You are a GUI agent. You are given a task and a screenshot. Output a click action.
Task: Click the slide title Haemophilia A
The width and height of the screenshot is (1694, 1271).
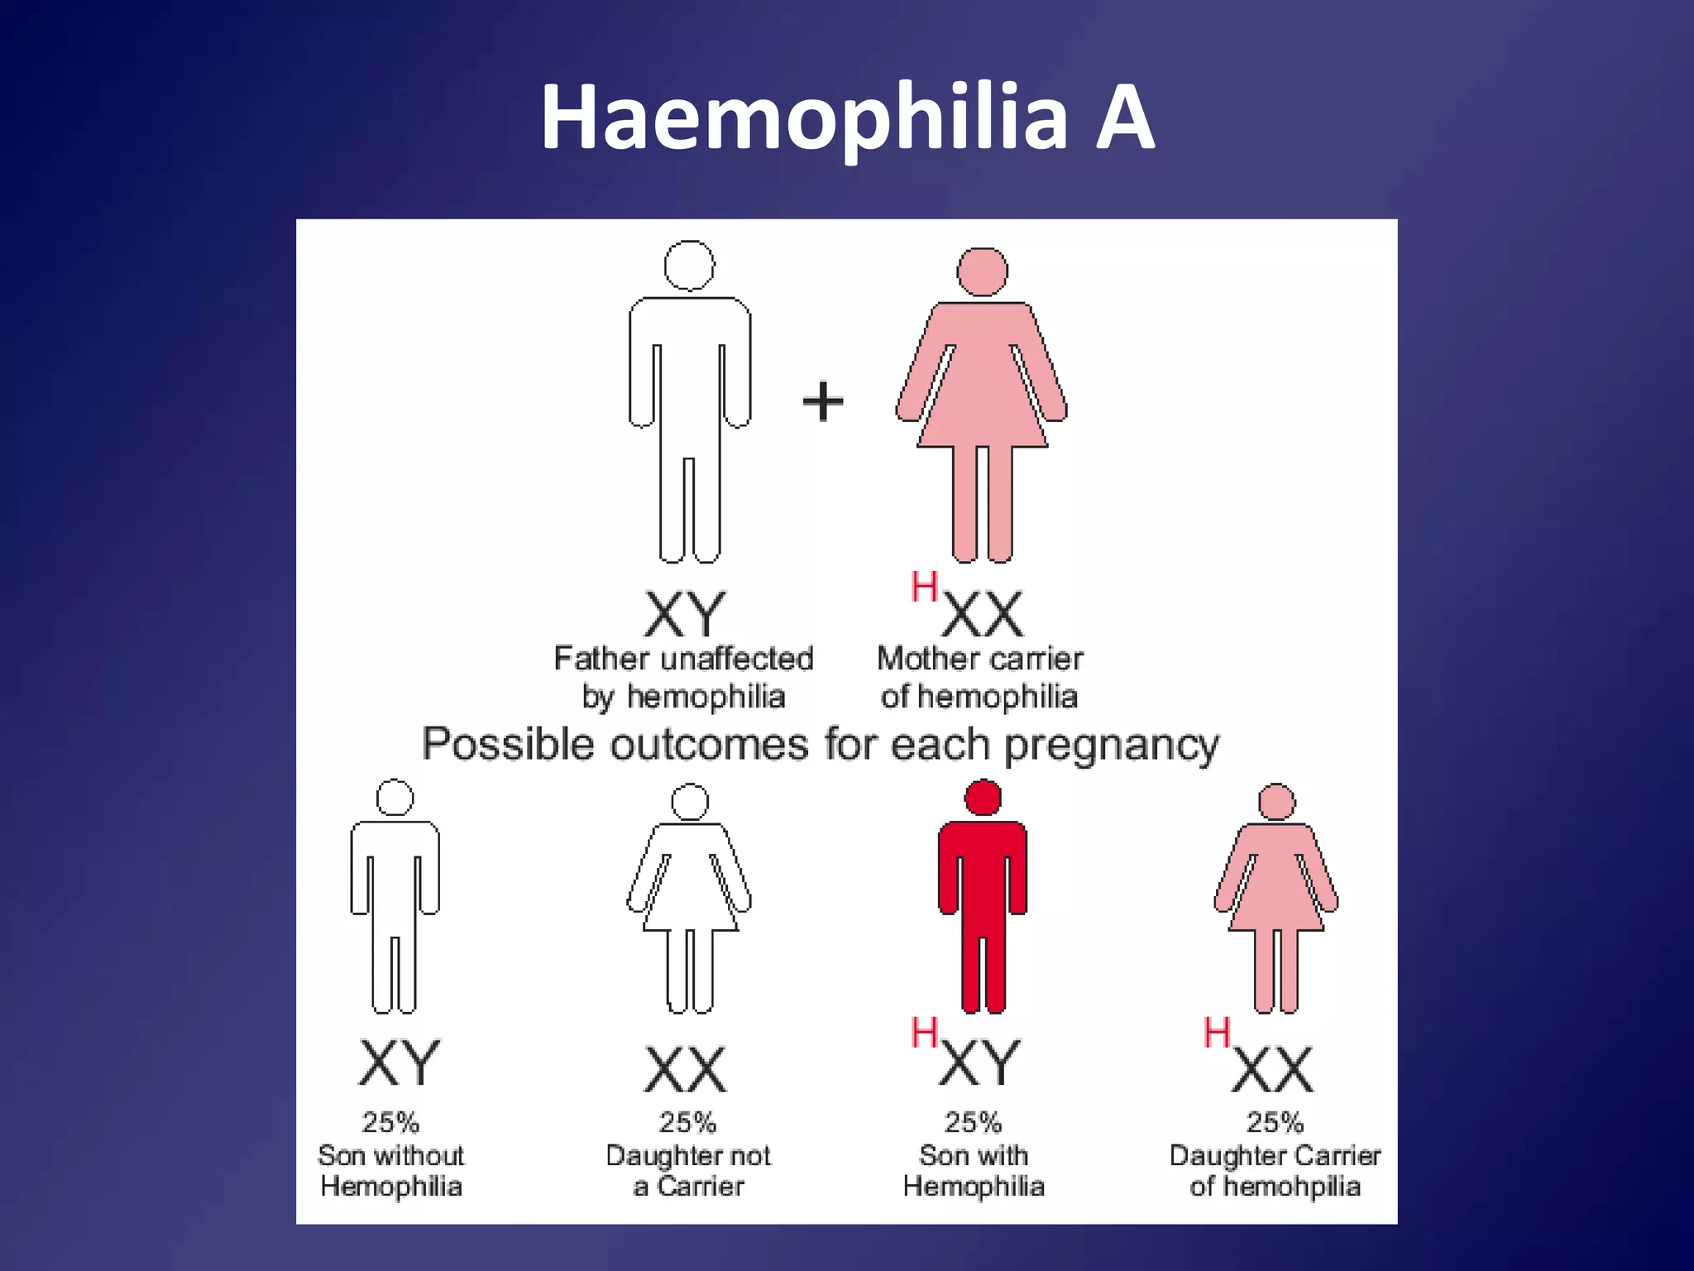coord(847,118)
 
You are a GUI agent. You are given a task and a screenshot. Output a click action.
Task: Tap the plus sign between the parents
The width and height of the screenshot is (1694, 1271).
coord(823,401)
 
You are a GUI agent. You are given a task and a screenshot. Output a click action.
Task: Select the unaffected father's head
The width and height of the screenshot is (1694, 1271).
coord(689,266)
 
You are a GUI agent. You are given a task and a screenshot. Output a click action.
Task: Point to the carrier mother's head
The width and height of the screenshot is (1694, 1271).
coord(982,271)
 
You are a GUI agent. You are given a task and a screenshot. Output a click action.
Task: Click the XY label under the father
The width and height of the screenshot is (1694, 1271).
coord(684,614)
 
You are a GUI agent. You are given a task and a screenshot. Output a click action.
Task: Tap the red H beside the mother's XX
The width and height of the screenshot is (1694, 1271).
coord(924,588)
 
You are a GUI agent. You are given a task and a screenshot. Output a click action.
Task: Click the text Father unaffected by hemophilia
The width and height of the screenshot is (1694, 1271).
coord(683,677)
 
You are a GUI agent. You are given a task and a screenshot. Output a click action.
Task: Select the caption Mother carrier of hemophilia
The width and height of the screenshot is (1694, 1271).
coord(979,677)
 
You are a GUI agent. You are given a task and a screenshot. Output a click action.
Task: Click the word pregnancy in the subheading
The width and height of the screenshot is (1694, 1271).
coord(1111,745)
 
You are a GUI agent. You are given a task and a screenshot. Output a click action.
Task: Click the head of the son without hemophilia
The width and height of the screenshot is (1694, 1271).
coord(395,798)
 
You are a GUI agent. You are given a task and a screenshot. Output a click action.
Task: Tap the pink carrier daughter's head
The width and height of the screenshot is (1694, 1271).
coord(1276,801)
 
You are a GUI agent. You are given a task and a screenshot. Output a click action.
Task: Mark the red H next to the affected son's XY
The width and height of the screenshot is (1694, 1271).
coord(924,1033)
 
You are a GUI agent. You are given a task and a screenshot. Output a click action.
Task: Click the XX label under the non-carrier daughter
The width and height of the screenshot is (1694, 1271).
coord(686,1069)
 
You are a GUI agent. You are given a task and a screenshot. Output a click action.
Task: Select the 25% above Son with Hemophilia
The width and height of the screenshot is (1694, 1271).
coord(973,1122)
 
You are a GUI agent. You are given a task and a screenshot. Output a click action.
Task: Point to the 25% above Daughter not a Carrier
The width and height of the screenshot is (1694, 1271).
coord(687,1122)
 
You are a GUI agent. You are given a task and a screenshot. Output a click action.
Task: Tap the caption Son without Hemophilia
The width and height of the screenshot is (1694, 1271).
coord(391,1170)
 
